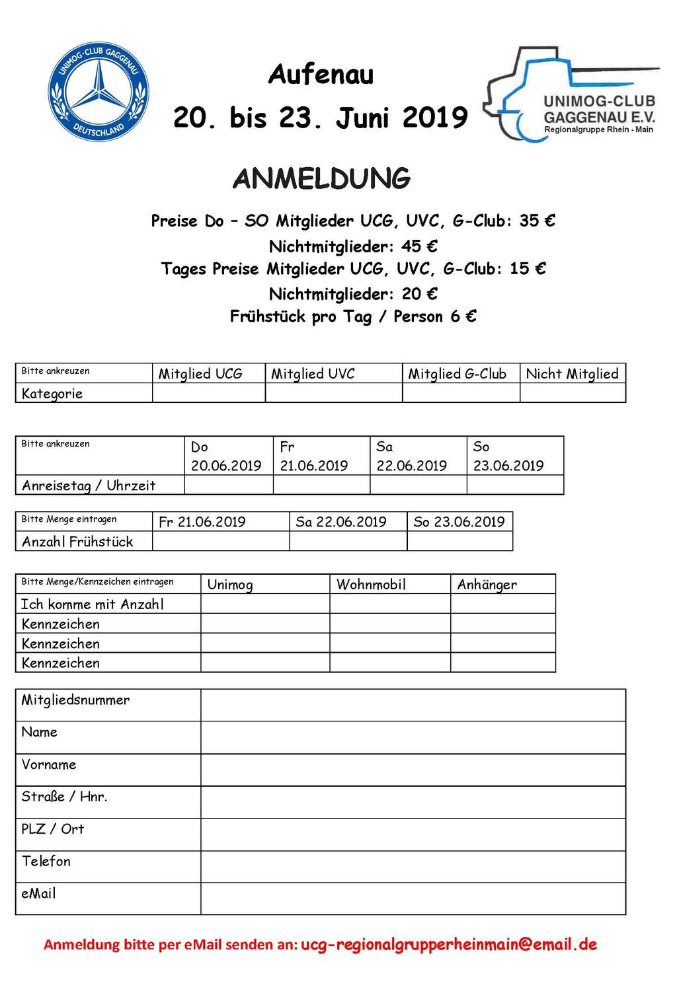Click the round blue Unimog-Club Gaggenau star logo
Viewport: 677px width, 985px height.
(x=99, y=92)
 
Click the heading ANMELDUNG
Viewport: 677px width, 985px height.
(x=322, y=178)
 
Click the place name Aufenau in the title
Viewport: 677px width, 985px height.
(x=321, y=75)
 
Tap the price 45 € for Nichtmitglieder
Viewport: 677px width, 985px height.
(x=419, y=246)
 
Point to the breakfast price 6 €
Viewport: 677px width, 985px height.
(x=463, y=316)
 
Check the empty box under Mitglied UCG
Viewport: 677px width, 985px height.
(x=208, y=393)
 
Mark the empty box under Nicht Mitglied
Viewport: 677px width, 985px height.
(x=573, y=393)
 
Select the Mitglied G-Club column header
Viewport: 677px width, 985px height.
(x=458, y=374)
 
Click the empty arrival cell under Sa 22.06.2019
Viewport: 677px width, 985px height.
(x=418, y=485)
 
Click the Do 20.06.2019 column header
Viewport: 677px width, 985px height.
(x=227, y=456)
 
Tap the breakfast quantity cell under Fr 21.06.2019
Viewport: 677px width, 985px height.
(x=220, y=541)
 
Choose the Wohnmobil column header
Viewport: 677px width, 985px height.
(x=371, y=584)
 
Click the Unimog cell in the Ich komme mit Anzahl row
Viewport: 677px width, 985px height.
(x=264, y=604)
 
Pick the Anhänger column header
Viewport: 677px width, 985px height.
(x=487, y=584)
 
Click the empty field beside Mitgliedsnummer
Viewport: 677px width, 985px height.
(x=413, y=705)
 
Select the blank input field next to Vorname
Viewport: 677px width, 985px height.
(x=413, y=770)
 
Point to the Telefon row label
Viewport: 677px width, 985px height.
(x=46, y=861)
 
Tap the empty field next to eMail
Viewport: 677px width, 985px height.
(x=413, y=898)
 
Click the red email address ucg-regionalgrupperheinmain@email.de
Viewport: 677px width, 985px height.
(x=449, y=944)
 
